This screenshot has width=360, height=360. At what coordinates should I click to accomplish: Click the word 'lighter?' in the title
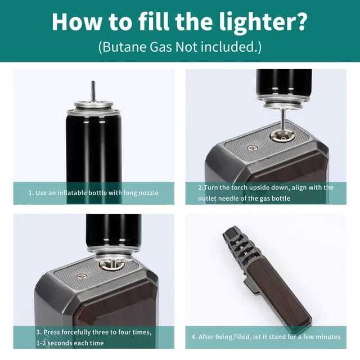click(x=263, y=22)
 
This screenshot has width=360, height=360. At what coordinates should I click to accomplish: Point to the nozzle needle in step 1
click(x=93, y=91)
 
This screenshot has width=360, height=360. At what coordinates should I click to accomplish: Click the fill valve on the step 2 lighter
click(x=282, y=136)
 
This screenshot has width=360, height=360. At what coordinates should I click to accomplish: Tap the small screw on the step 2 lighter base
click(x=253, y=148)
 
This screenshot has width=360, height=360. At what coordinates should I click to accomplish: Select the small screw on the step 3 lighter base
click(x=81, y=276)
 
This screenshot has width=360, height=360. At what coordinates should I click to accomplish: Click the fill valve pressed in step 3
click(x=111, y=264)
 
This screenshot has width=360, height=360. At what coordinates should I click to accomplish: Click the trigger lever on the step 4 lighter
click(x=251, y=286)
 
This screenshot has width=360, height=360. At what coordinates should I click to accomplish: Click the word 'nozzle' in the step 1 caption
click(x=148, y=192)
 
